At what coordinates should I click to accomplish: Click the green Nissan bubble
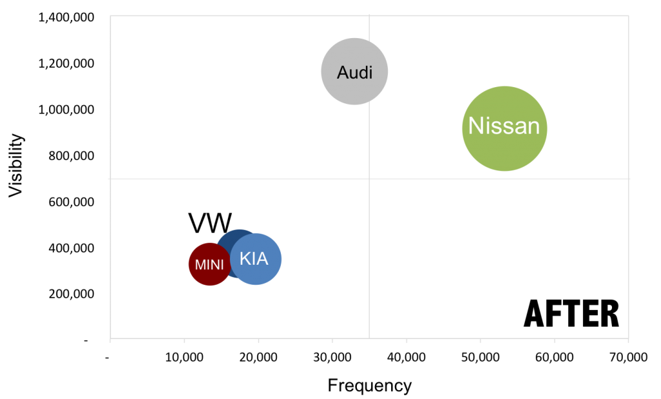tap(505, 128)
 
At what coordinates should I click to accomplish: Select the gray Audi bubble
tap(354, 72)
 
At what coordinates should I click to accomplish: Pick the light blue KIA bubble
tap(257, 260)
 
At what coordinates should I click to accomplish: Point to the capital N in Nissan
tap(476, 126)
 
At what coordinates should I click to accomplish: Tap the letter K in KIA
tap(245, 259)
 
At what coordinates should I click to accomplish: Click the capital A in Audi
tap(342, 72)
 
